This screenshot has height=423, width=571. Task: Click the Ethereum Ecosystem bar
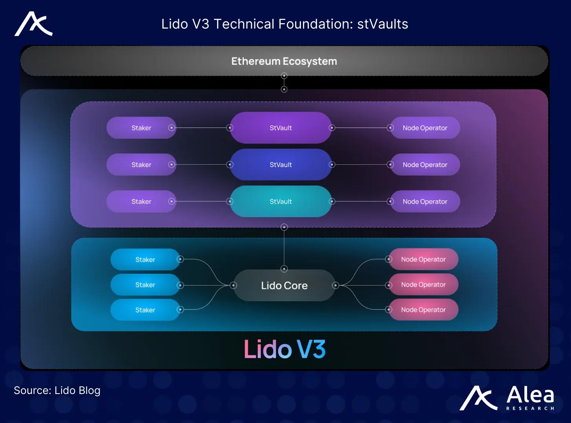pos(284,61)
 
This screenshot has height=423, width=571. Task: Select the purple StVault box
pos(281,128)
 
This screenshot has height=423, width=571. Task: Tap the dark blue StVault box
pos(281,164)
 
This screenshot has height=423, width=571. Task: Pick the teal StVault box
pos(281,201)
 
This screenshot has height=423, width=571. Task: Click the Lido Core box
pos(284,286)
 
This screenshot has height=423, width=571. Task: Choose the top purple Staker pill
pos(141,128)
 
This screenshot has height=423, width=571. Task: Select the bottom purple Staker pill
pos(141,201)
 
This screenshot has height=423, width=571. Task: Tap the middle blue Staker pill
pos(145,285)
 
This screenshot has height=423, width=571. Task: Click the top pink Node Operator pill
pos(423,259)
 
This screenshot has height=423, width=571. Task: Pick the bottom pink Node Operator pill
pos(423,310)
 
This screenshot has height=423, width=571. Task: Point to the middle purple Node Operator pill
pos(425,164)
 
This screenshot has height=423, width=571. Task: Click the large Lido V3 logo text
pos(285,349)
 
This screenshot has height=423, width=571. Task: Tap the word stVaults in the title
pos(383,24)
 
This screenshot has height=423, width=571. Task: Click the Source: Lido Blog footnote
pos(57,390)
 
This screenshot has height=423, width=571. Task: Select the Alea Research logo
pos(507,398)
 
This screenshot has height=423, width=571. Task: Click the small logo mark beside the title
pos(34,24)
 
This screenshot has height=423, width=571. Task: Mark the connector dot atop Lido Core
pos(284,269)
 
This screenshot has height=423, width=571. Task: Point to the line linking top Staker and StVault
pos(201,128)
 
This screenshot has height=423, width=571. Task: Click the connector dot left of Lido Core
pos(234,286)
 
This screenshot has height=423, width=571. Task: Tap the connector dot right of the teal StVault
pos(332,201)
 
